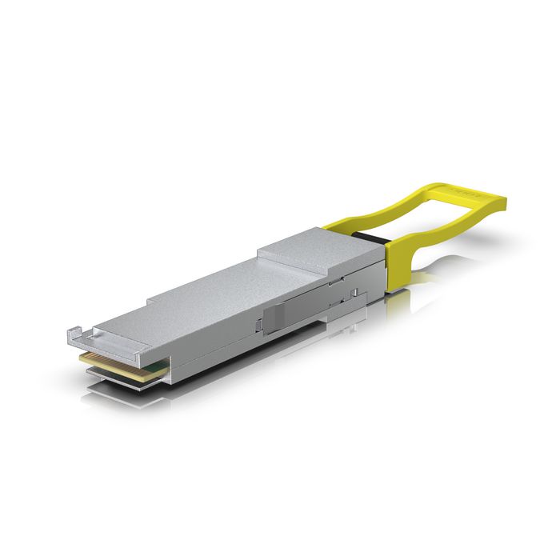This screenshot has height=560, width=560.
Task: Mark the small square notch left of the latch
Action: [x=258, y=324]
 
